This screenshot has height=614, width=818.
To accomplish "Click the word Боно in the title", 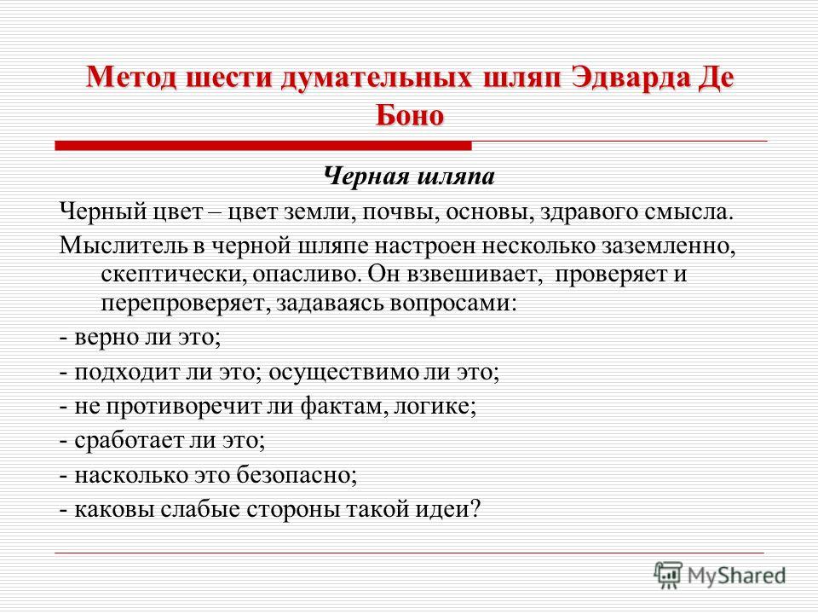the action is [x=410, y=115].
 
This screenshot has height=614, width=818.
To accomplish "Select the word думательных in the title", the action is [x=377, y=78].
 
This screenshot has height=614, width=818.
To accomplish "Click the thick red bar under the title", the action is [x=263, y=146].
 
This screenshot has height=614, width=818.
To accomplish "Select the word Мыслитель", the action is [x=123, y=245].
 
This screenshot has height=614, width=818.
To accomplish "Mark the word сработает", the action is [x=129, y=441].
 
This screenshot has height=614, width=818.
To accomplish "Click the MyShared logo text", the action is [x=736, y=576].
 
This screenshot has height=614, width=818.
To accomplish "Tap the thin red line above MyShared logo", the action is [x=410, y=553].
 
